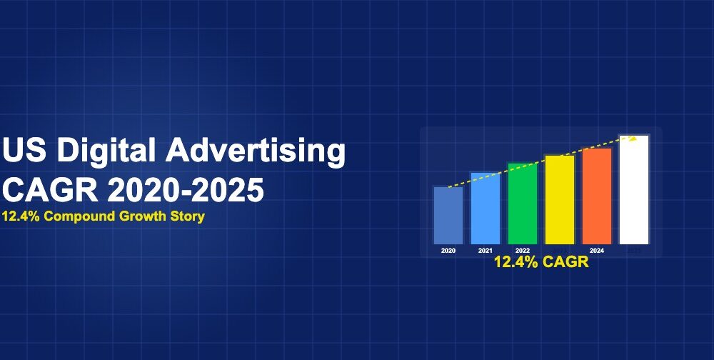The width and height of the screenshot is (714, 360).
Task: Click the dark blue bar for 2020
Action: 448,215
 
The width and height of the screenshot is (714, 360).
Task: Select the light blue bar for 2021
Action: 486,208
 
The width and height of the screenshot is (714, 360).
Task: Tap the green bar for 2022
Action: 523,204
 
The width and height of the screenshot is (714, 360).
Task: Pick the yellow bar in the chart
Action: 559,199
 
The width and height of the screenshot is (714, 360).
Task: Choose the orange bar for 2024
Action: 597,196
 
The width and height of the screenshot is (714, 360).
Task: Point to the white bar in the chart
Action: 633,189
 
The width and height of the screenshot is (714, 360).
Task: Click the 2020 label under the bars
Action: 448,251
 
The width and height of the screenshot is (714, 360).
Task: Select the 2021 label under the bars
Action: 486,251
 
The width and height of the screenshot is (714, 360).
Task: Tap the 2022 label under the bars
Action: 523,251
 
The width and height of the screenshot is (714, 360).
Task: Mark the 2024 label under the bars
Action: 597,251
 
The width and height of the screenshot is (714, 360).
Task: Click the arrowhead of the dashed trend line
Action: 633,138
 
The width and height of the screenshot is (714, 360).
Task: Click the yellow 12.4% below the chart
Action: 514,262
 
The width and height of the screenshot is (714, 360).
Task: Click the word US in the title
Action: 24,152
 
